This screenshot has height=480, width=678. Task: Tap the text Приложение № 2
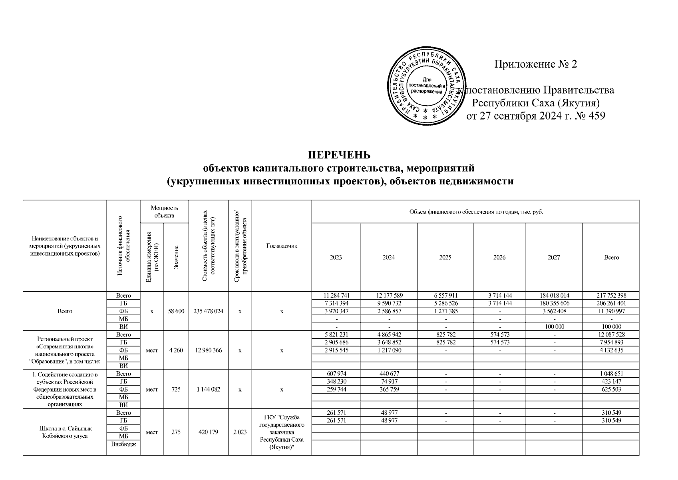(x=536, y=64)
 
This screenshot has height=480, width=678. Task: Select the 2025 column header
(x=445, y=258)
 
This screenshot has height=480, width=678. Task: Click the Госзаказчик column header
(x=281, y=246)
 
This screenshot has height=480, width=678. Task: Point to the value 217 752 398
(x=611, y=296)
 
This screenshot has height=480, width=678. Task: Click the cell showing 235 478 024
(x=208, y=311)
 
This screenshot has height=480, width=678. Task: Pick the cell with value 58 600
(x=176, y=311)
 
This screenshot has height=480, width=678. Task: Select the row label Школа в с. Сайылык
(x=65, y=428)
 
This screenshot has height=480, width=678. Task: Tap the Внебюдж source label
(x=123, y=444)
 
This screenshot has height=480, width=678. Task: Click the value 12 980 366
(x=208, y=350)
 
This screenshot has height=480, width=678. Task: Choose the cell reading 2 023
(x=240, y=432)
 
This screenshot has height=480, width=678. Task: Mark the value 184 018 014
(x=554, y=296)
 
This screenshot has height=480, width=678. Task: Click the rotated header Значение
(x=176, y=257)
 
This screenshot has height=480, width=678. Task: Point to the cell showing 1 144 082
(x=208, y=389)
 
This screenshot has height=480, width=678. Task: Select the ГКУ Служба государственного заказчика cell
(x=281, y=432)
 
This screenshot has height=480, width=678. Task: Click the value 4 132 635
(x=611, y=350)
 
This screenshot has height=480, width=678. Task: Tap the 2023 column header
(x=336, y=258)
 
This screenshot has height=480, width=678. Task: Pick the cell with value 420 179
(x=208, y=432)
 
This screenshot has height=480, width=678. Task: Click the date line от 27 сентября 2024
(x=536, y=116)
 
